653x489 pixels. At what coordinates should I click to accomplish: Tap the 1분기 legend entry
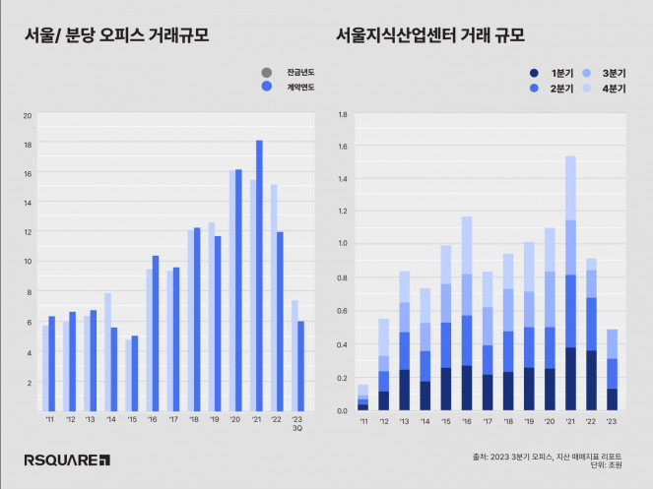tap(554, 74)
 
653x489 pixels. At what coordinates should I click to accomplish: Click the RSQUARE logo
tap(67, 459)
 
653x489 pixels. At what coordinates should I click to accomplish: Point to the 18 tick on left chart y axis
tap(28, 145)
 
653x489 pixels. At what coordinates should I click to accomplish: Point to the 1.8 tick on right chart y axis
tap(342, 115)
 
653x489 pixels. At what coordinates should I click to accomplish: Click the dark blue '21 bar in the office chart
tap(260, 275)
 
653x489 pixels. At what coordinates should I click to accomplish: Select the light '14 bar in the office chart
tap(106, 351)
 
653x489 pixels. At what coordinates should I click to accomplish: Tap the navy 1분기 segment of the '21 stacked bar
tap(571, 379)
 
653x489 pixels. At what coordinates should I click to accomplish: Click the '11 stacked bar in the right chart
tap(363, 398)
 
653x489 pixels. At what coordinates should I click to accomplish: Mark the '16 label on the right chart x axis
tap(467, 420)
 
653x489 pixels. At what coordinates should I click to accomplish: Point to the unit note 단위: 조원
tap(607, 466)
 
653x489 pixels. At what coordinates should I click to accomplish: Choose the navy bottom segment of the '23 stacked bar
tap(613, 399)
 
